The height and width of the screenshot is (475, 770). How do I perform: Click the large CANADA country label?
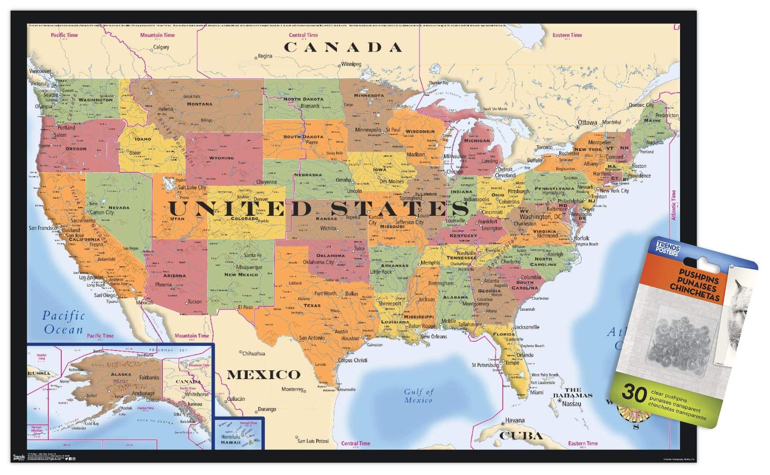click(x=343, y=47)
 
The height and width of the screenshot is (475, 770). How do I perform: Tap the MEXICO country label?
click(x=264, y=375)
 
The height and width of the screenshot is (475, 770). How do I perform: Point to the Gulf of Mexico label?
click(x=419, y=396)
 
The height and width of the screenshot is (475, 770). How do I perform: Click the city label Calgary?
click(x=161, y=47)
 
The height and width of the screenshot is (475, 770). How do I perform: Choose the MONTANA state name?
click(x=199, y=104)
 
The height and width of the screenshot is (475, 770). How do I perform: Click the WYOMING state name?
click(x=221, y=158)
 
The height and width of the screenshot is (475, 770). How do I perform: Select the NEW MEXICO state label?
click(x=241, y=275)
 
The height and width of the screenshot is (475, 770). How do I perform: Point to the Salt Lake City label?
click(x=192, y=187)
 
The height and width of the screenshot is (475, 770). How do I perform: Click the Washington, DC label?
click(x=541, y=217)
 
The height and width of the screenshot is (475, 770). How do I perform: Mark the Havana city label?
click(x=515, y=420)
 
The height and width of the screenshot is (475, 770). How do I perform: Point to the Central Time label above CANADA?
click(x=303, y=35)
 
